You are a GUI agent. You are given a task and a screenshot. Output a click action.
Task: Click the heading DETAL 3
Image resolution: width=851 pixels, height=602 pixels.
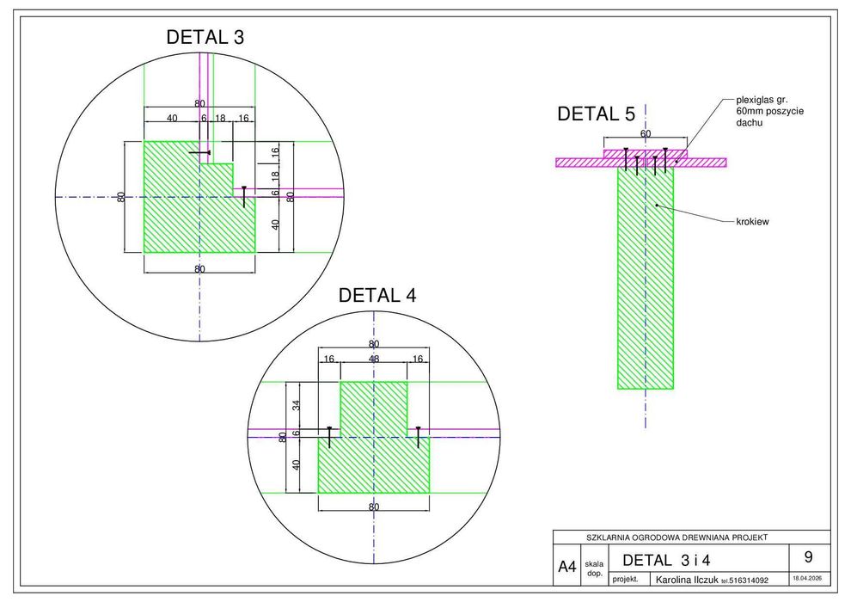pos(205,38)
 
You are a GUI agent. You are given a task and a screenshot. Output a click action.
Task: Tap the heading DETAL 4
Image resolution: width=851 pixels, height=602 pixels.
pos(377,295)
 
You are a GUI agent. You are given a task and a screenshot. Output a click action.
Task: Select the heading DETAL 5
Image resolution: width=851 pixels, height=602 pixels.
pos(596,114)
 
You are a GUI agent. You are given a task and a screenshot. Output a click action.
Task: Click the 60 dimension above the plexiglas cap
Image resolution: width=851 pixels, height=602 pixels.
pos(646,133)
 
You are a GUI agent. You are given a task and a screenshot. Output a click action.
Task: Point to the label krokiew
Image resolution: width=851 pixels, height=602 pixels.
pos(752,222)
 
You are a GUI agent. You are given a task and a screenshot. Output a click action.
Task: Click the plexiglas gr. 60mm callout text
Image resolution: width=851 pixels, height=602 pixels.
pos(769,111)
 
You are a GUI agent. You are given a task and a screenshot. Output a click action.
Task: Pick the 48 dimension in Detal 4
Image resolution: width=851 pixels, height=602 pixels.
pos(374,359)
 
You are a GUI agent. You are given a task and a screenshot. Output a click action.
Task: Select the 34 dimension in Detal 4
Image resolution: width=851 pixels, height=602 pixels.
pos(297,406)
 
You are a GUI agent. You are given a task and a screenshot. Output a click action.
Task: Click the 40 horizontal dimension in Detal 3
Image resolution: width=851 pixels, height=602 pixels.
pos(172,119)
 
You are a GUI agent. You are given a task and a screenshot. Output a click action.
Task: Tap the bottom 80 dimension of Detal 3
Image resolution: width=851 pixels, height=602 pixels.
pos(199,269)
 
